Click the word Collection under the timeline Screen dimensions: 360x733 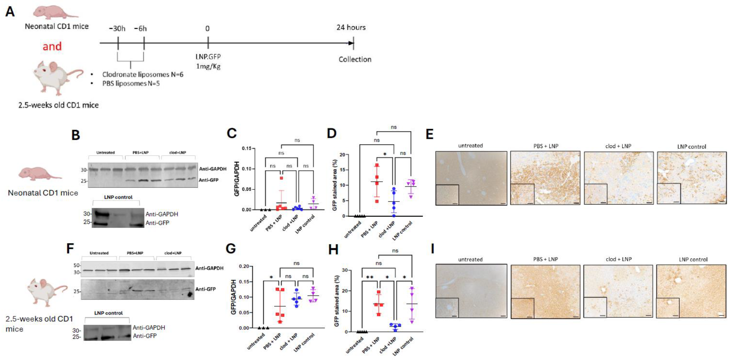click(x=355, y=59)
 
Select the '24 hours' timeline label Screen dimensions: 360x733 click(x=351, y=28)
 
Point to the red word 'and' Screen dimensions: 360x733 click(x=52, y=46)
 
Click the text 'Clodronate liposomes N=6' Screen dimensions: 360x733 click(x=143, y=74)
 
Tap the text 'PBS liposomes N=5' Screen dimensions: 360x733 click(x=131, y=84)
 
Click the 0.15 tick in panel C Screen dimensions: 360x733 click(x=246, y=148)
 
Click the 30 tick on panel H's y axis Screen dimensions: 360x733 click(x=345, y=270)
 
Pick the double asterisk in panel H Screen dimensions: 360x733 click(x=370, y=277)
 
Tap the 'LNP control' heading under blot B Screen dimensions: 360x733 click(x=118, y=197)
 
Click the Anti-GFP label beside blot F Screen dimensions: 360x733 click(x=205, y=289)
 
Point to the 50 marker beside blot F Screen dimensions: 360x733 click(x=76, y=265)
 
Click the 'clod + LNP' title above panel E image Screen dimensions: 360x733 click(x=618, y=146)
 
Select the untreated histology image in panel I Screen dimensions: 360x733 click(x=471, y=291)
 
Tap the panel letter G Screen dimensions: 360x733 click(x=230, y=248)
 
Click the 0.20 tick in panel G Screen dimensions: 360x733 click(x=244, y=266)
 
